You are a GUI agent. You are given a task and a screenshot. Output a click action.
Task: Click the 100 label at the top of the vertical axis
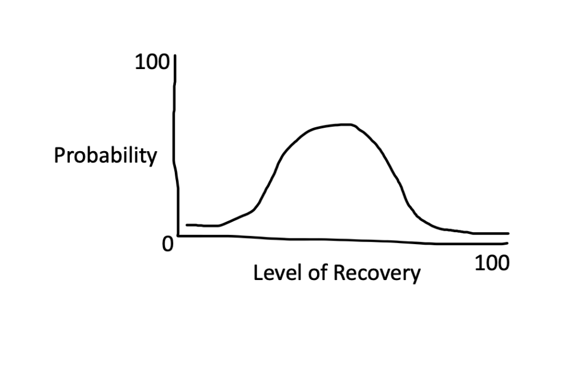coord(151,63)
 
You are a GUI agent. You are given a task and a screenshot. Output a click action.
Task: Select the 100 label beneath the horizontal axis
coord(491,263)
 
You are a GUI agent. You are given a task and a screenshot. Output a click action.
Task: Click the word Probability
coord(105,155)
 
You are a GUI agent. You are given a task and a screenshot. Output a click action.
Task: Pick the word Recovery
coord(376,274)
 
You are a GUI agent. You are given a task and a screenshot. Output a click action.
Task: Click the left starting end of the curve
coord(187,225)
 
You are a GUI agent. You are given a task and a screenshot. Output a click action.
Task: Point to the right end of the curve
coord(507,233)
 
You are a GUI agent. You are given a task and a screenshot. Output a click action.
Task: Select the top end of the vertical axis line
coord(175,56)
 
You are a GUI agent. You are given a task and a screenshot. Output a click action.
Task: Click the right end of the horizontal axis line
coord(507,243)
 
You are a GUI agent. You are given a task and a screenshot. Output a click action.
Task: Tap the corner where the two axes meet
coord(179,235)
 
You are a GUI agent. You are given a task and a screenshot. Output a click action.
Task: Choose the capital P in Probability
coord(59,155)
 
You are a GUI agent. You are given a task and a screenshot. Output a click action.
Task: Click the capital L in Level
coord(258,273)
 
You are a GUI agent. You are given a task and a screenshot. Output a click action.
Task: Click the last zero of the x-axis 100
coord(502,263)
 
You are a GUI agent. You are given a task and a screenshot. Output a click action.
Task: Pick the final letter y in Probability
coord(152,158)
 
